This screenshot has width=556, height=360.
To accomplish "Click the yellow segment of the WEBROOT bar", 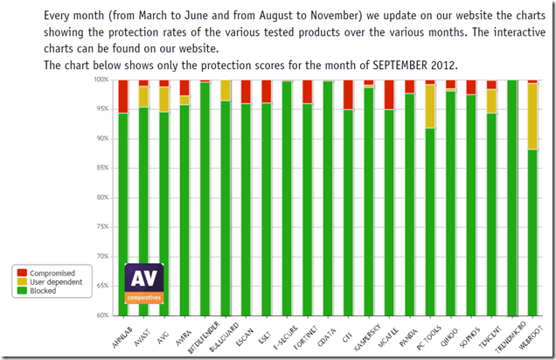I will [532, 116].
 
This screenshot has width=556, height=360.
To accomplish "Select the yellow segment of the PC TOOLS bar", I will [430, 106].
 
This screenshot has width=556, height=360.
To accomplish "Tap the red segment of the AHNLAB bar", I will [123, 96].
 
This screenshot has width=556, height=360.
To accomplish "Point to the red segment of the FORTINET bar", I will [307, 92].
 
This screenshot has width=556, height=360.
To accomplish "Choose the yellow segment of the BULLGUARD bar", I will [226, 90].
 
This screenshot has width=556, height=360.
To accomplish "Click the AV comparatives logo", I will [144, 284].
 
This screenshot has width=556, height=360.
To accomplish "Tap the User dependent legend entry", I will [54, 281].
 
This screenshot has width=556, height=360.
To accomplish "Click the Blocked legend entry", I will [43, 290].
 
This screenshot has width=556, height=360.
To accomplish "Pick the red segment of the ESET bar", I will [267, 92].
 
